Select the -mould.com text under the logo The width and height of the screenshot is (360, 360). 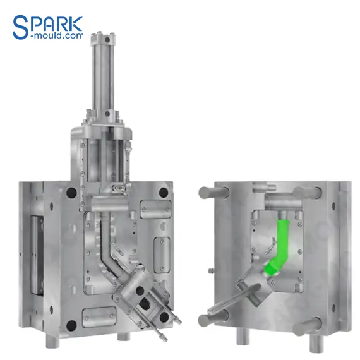[57, 37]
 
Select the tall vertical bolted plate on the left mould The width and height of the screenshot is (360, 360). [162, 252]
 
